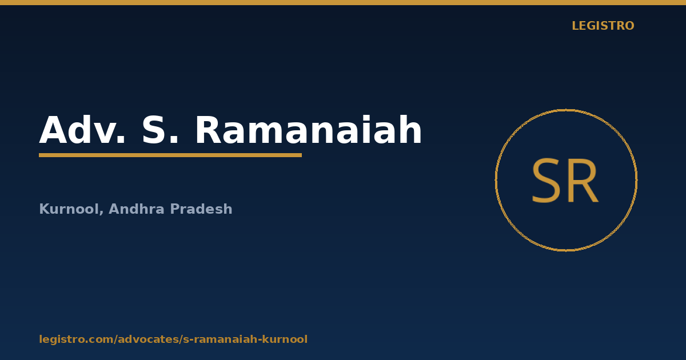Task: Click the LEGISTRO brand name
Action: [603, 26]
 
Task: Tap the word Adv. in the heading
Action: [82, 130]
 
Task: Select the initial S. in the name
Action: [160, 130]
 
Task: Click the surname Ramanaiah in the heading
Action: [309, 130]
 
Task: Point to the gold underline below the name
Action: [170, 155]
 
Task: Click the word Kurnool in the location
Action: [70, 209]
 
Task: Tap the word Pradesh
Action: [201, 209]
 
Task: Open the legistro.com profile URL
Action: [173, 339]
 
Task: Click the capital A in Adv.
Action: [53, 130]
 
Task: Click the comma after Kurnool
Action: [101, 213]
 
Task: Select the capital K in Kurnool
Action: [44, 209]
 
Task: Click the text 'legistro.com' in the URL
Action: [76, 339]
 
